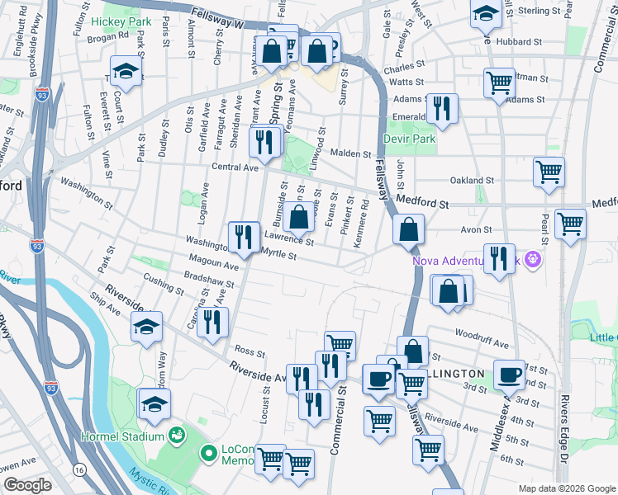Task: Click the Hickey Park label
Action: [x=121, y=21]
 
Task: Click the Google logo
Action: [x=27, y=485]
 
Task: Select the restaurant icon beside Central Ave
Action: [x=264, y=142]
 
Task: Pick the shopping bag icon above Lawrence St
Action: [x=299, y=218]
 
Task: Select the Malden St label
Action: [x=352, y=153]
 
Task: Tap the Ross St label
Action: [x=249, y=352]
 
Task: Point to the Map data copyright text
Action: [x=566, y=488]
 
